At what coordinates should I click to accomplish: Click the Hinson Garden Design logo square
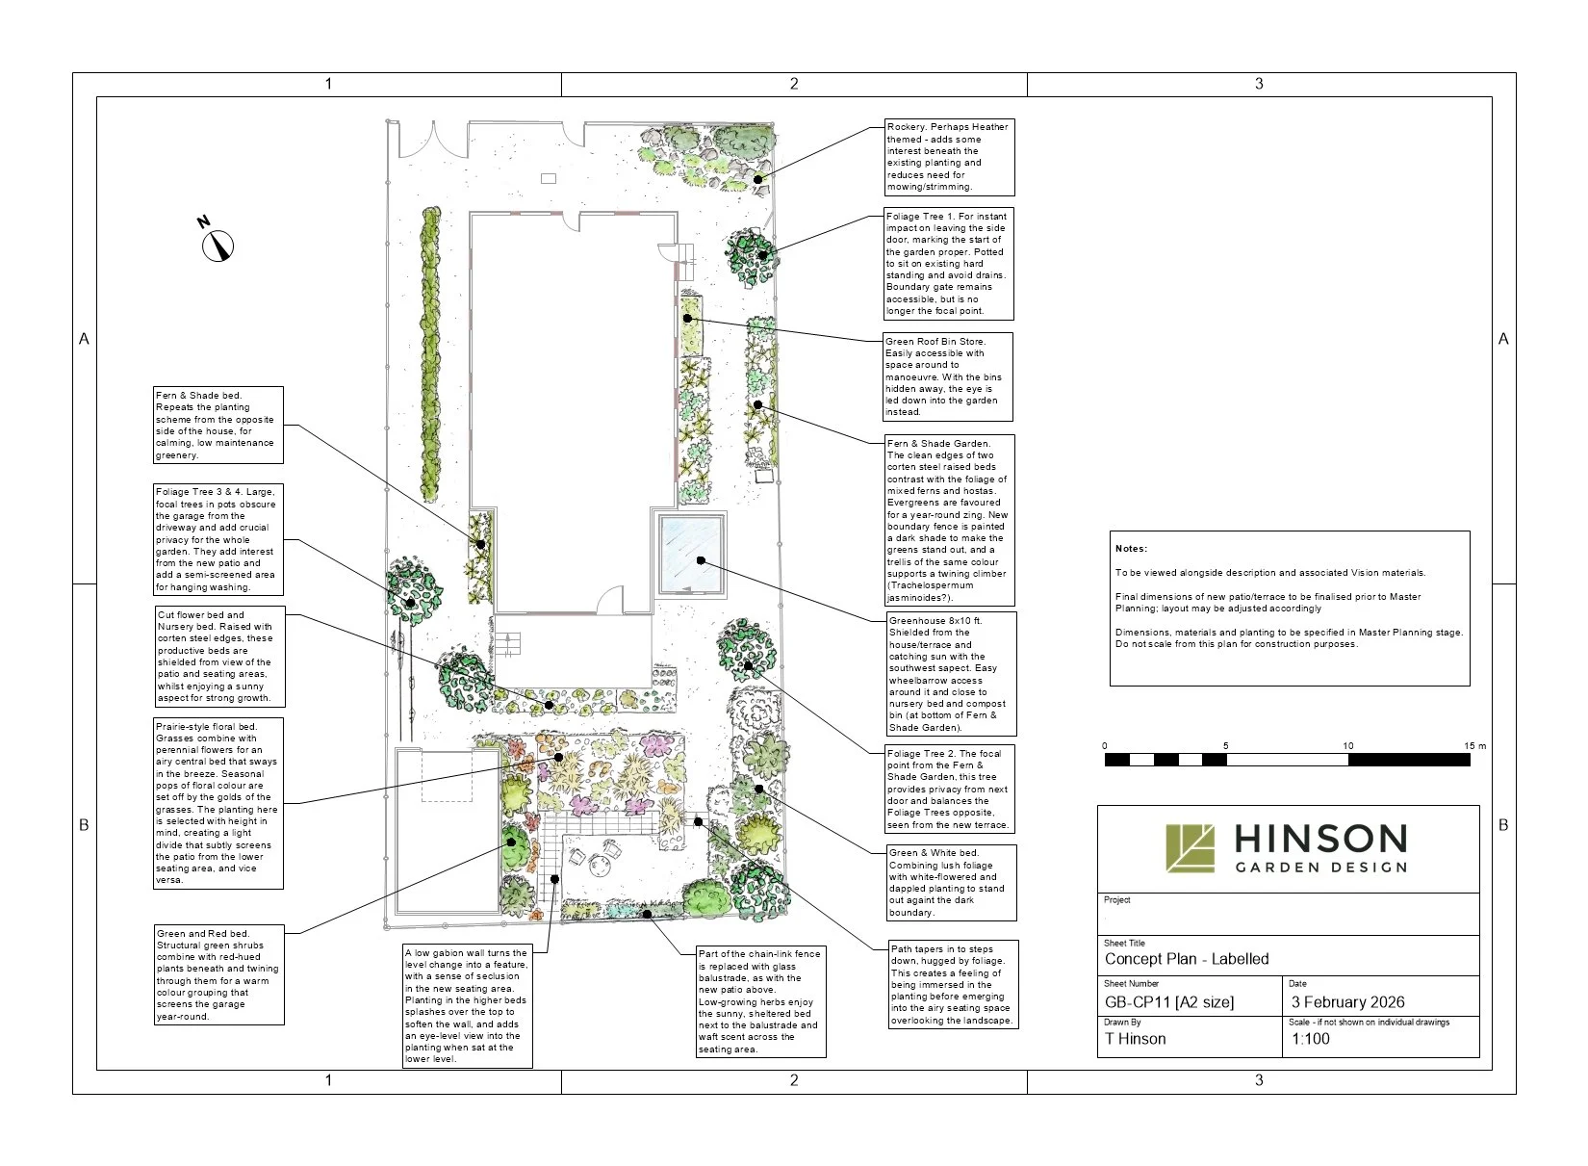coord(1191,847)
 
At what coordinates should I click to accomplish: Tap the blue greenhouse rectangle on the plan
coord(691,556)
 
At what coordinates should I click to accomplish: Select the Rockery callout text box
coord(948,157)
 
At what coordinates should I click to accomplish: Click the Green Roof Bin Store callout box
coord(948,376)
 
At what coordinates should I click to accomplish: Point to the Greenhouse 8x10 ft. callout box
coord(951,674)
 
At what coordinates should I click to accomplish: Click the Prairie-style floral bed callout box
coord(218,803)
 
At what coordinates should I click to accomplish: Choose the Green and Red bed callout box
coord(218,974)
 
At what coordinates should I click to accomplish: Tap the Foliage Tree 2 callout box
coord(950,789)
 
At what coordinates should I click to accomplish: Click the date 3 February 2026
coord(1347,1002)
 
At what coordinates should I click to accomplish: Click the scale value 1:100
coord(1310,1039)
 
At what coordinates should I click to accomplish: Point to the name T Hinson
coord(1135,1039)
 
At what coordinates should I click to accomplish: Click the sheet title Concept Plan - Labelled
coord(1186,959)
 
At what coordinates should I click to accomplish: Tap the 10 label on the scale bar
coord(1347,746)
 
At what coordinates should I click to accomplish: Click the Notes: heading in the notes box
coord(1131,549)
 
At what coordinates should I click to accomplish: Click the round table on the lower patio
coord(602,865)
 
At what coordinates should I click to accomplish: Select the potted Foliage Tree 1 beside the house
coord(749,256)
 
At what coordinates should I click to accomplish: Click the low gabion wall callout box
coord(467,1005)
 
